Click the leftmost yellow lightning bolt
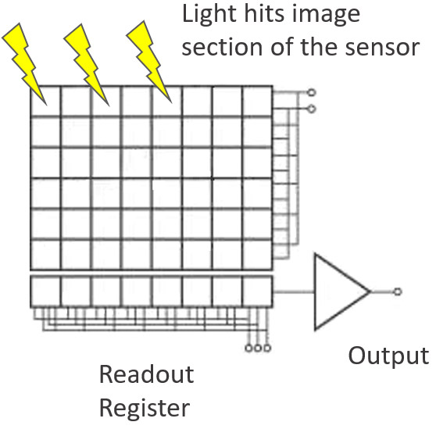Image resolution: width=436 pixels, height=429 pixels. coord(23,63)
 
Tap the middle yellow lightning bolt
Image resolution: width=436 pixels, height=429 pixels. coord(86,65)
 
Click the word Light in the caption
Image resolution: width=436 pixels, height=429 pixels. coord(209,15)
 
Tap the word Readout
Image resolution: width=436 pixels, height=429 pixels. coord(147,374)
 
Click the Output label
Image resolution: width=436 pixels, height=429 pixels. coord(388,356)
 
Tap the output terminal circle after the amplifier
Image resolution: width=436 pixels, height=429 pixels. coord(398,291)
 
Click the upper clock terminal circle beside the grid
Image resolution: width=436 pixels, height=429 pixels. coord(312,92)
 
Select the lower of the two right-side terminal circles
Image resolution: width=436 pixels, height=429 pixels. coord(312,109)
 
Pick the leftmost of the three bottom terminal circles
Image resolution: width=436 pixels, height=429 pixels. coord(248,348)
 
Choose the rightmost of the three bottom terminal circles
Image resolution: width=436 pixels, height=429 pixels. coord(267,348)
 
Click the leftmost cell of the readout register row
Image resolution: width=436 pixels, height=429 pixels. coord(45,291)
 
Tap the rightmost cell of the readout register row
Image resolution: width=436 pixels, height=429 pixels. coord(257,291)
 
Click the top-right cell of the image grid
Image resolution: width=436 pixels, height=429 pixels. coord(257,101)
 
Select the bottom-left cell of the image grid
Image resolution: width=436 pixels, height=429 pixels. coord(45,255)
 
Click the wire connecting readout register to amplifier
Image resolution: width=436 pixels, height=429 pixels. coord(294,291)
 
